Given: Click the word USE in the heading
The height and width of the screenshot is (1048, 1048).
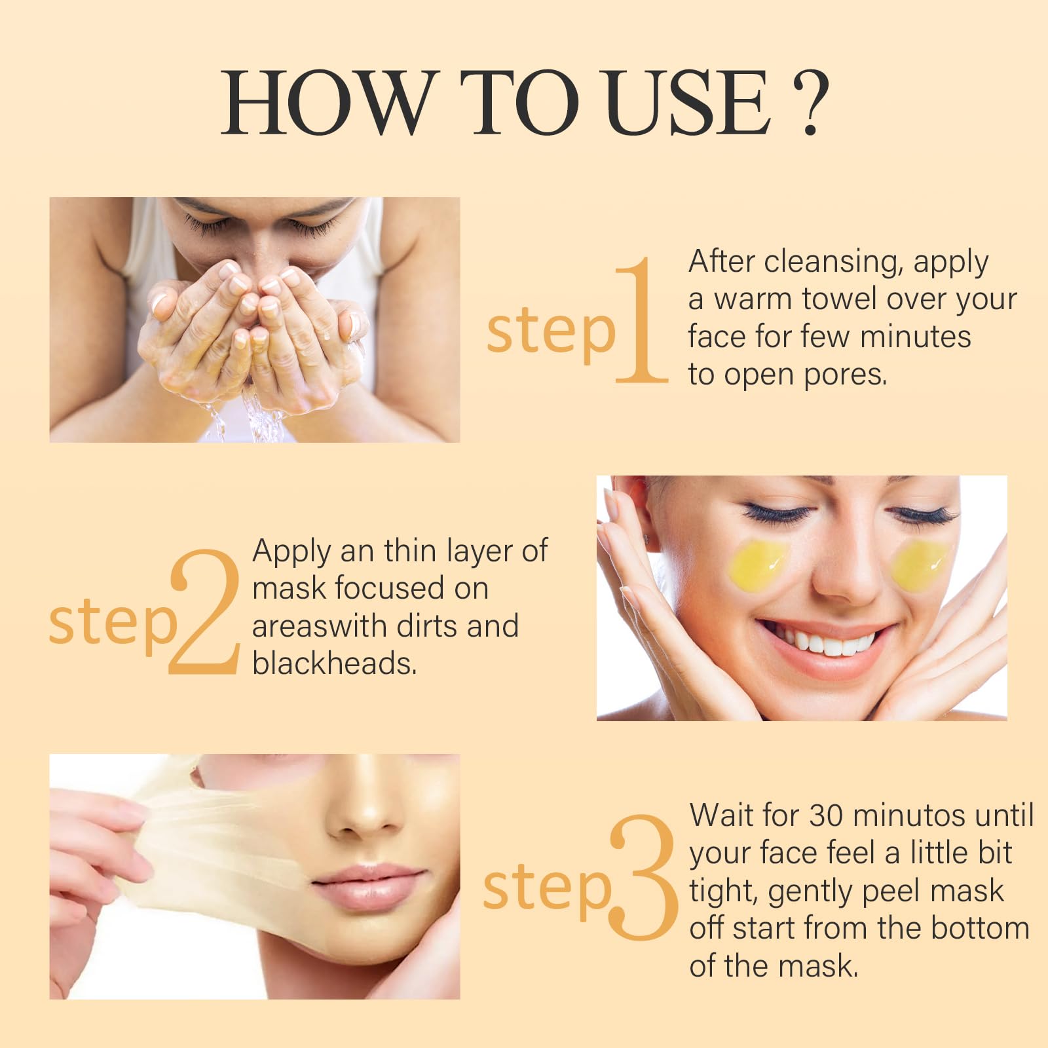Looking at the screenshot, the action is pyautogui.click(x=687, y=103).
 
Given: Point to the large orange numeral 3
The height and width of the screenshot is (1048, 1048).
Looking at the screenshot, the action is pyautogui.click(x=644, y=878).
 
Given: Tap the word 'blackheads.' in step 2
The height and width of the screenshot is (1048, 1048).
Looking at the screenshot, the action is pyautogui.click(x=335, y=663).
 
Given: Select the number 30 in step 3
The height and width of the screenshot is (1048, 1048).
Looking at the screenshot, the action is pyautogui.click(x=827, y=815).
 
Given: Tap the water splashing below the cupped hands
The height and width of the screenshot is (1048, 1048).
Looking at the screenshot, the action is pyautogui.click(x=249, y=413).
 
